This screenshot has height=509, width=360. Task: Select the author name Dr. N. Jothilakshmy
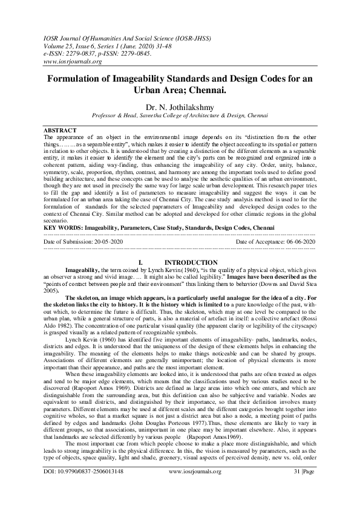(x=180, y=105)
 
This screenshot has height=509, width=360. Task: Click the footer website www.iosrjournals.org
(x=193, y=487)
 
